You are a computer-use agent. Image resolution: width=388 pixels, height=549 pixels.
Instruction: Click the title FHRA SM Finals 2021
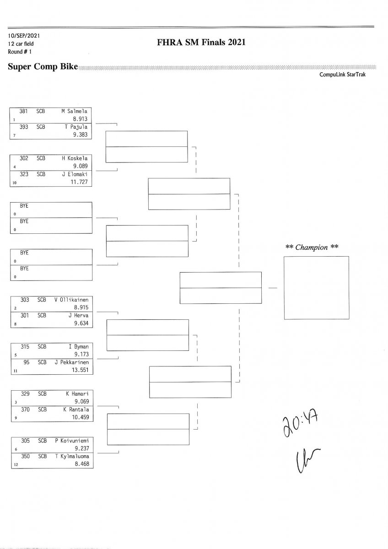point(201,43)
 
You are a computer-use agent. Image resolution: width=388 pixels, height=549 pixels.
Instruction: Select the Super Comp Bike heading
point(43,67)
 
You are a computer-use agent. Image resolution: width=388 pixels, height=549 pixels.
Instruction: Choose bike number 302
point(24,158)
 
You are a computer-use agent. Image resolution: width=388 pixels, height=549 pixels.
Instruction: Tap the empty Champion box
point(316,287)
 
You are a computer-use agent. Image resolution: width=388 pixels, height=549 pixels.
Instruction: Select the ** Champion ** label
point(312,248)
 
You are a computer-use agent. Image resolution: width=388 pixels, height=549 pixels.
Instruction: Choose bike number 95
point(26,362)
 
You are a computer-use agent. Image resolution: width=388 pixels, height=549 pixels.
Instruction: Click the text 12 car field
point(21,43)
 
